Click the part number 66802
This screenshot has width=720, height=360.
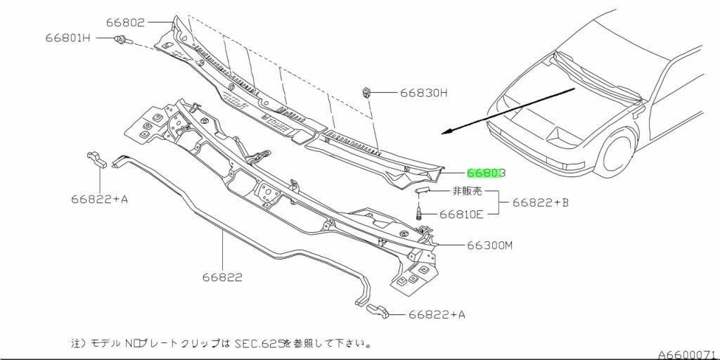click(x=126, y=22)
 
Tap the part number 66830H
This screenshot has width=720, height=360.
click(x=425, y=92)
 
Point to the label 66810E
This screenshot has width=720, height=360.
click(x=461, y=214)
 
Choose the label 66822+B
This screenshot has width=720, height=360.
click(x=540, y=202)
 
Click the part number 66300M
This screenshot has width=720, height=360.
click(x=491, y=245)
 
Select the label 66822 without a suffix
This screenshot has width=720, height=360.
click(x=224, y=277)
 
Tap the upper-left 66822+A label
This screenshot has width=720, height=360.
click(x=99, y=199)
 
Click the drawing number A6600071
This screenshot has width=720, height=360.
click(x=686, y=354)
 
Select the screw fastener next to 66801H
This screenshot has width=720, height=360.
click(x=121, y=39)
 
